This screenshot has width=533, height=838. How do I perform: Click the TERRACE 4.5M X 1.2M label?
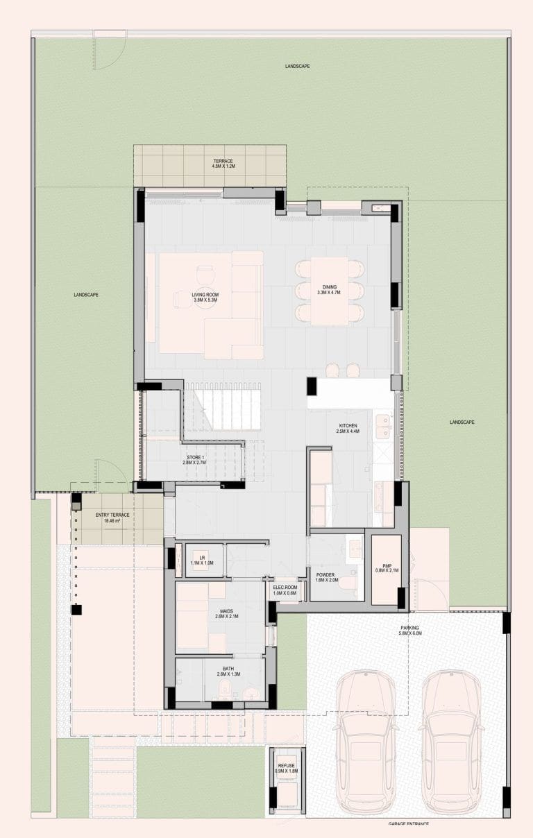pos(223,164)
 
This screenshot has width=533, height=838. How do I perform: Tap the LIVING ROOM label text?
pos(205,298)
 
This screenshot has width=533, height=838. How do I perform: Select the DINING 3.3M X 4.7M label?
pos(329,290)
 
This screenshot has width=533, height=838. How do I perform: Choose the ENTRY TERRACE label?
pos(112,518)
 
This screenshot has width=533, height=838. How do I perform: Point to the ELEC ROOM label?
pos(285,590)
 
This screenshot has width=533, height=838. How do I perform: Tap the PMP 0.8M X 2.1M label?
pos(387,568)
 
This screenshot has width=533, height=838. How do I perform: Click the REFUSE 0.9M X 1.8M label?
pos(286,768)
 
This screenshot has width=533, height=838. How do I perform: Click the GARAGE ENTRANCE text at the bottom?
pos(409,823)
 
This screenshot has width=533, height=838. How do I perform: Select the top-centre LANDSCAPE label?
pos(297,66)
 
